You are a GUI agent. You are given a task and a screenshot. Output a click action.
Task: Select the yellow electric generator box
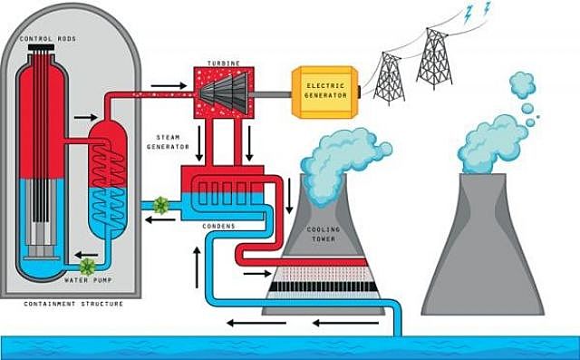coord(324,92)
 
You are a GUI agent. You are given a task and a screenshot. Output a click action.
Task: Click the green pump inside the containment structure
coord(88,266)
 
